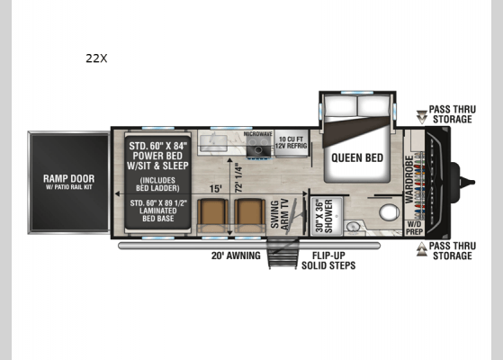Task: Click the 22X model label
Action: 96,58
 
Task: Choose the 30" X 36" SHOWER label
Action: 322,217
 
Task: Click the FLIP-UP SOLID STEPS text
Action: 328,261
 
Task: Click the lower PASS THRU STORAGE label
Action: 450,250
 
